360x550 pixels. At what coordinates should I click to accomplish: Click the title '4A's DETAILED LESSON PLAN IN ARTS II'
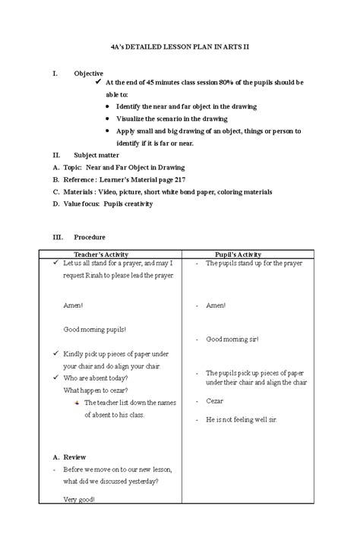click(x=180, y=47)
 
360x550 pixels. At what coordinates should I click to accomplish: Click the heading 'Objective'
click(x=88, y=73)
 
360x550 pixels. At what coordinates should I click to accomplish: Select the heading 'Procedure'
click(x=90, y=237)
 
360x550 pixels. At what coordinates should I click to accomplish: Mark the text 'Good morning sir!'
click(x=232, y=339)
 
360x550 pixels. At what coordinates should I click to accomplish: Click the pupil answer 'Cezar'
click(x=215, y=400)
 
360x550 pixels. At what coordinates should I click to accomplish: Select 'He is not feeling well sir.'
click(x=242, y=419)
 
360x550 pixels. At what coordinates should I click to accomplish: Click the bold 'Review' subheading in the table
click(x=74, y=457)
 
